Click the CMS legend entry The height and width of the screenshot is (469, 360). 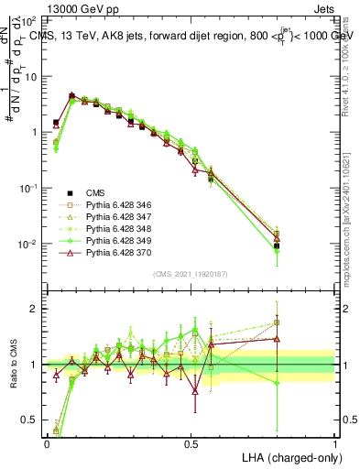(96, 193)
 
